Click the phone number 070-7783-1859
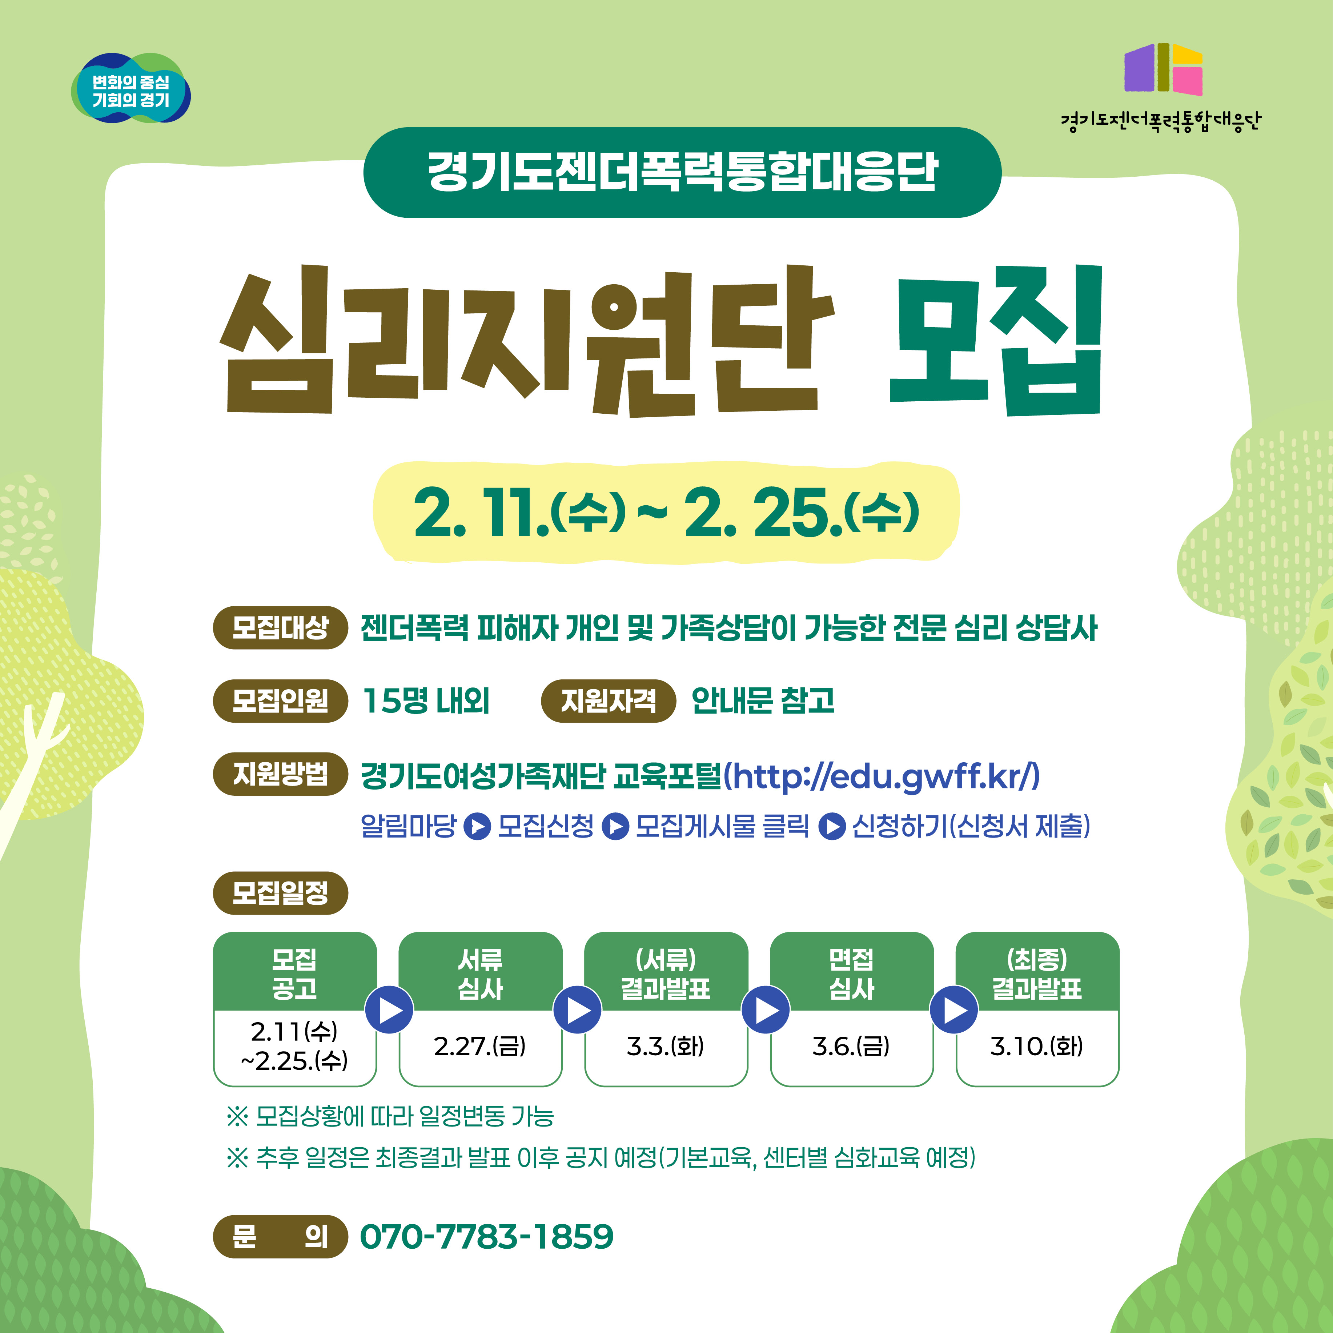[486, 1236]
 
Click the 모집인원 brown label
[280, 701]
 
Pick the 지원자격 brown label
[608, 701]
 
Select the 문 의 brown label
[280, 1236]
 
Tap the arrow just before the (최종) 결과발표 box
[954, 1010]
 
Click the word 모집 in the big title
[996, 340]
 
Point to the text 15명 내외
[426, 701]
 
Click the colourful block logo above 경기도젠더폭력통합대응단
[1163, 69]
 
